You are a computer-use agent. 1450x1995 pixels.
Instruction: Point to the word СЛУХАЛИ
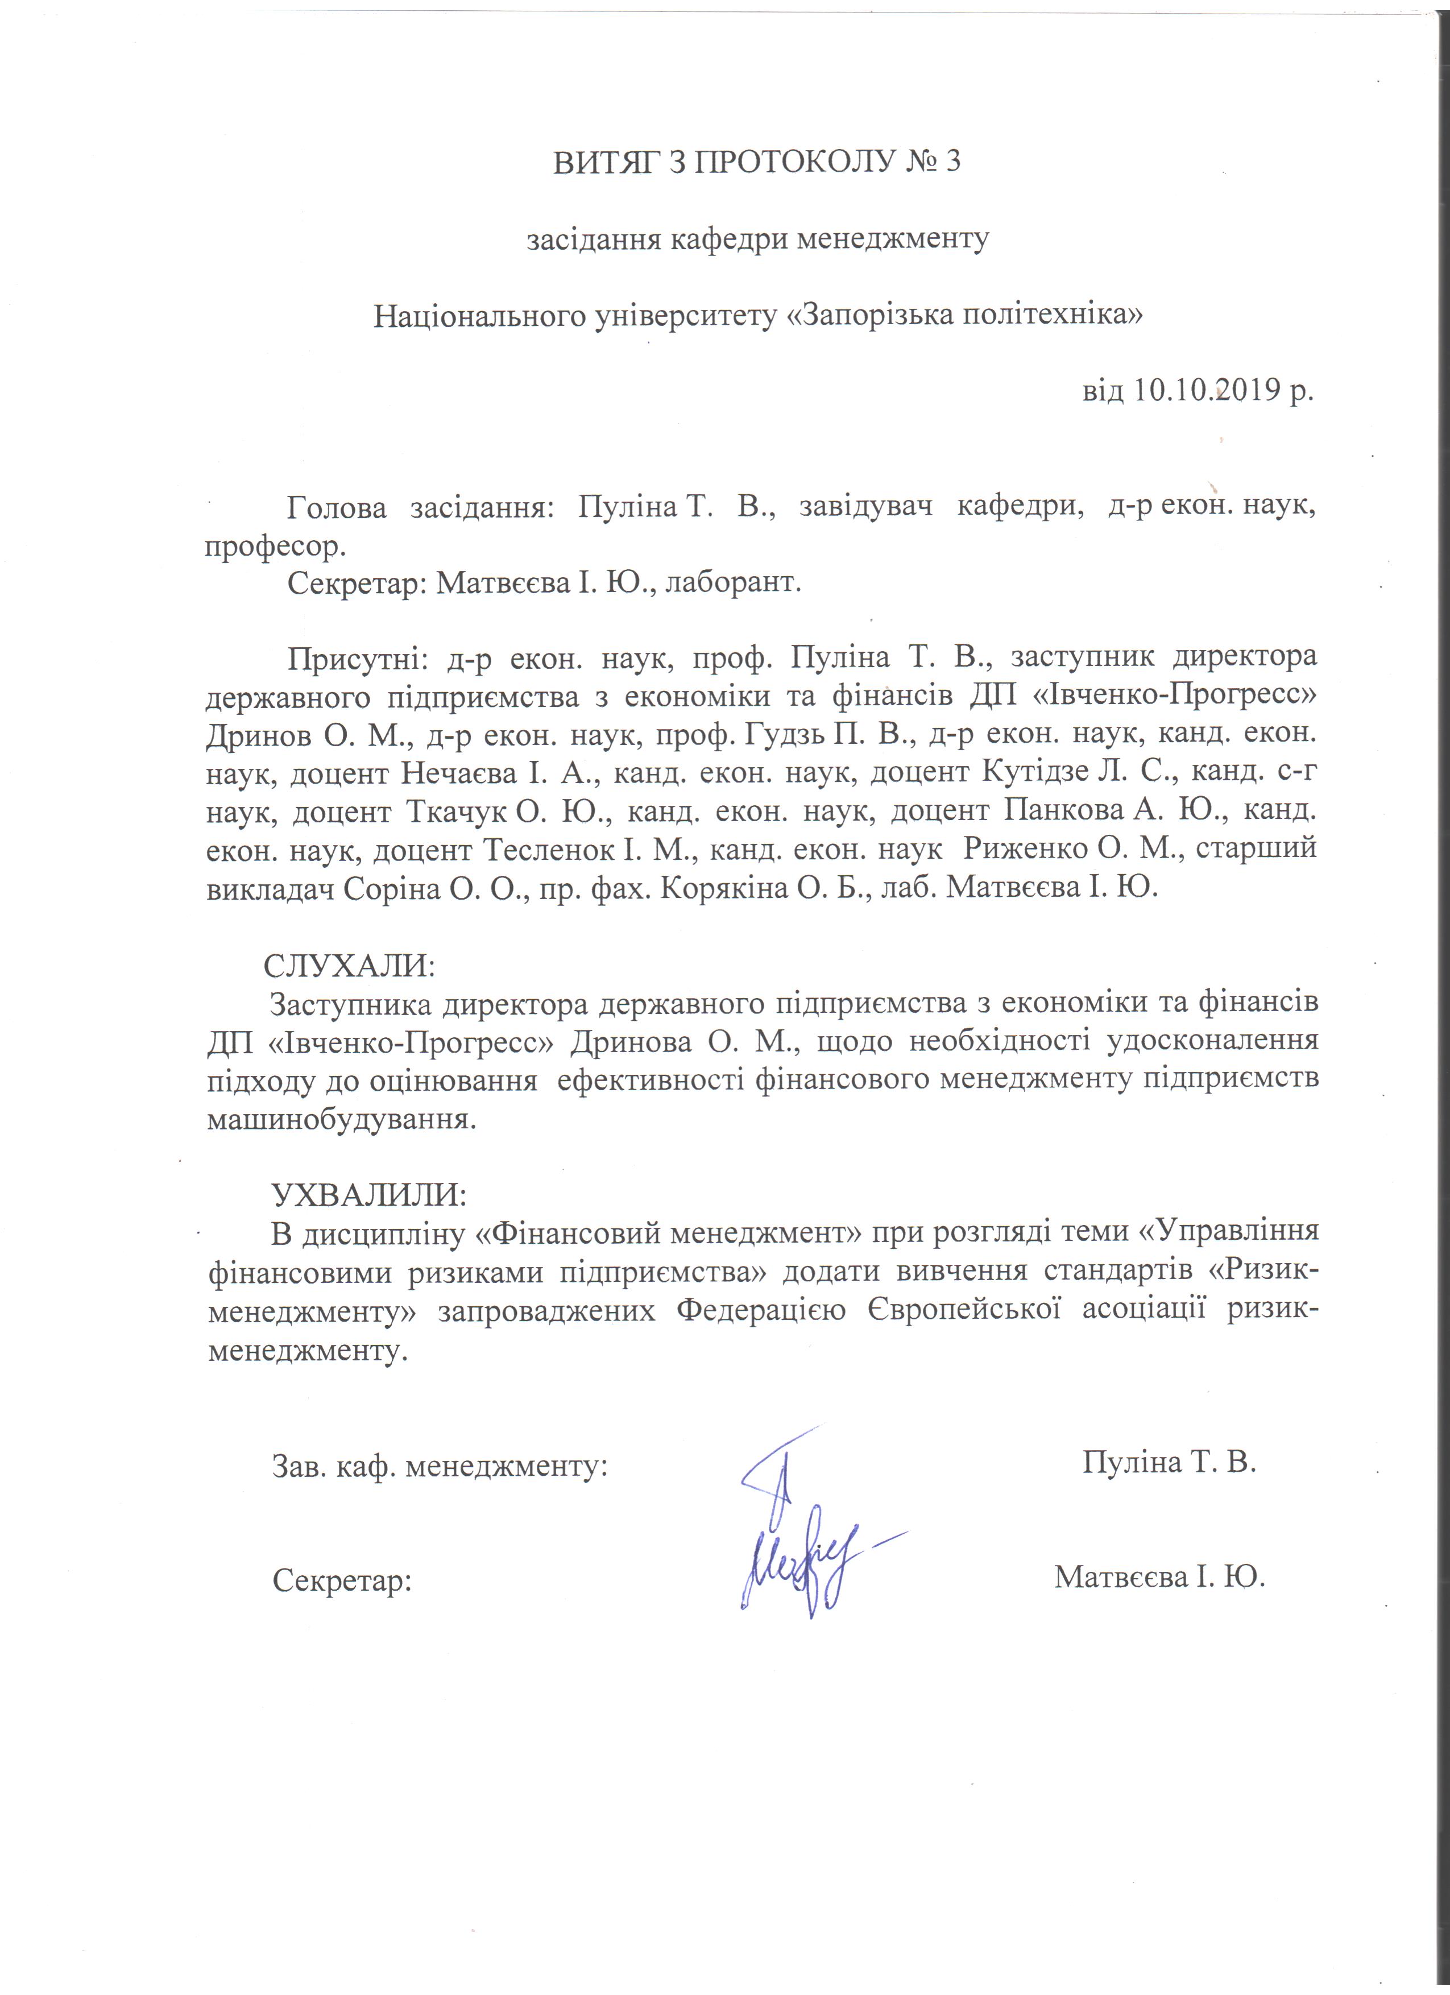(x=349, y=965)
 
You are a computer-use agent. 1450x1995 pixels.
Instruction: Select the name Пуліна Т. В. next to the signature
(x=1169, y=1461)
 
